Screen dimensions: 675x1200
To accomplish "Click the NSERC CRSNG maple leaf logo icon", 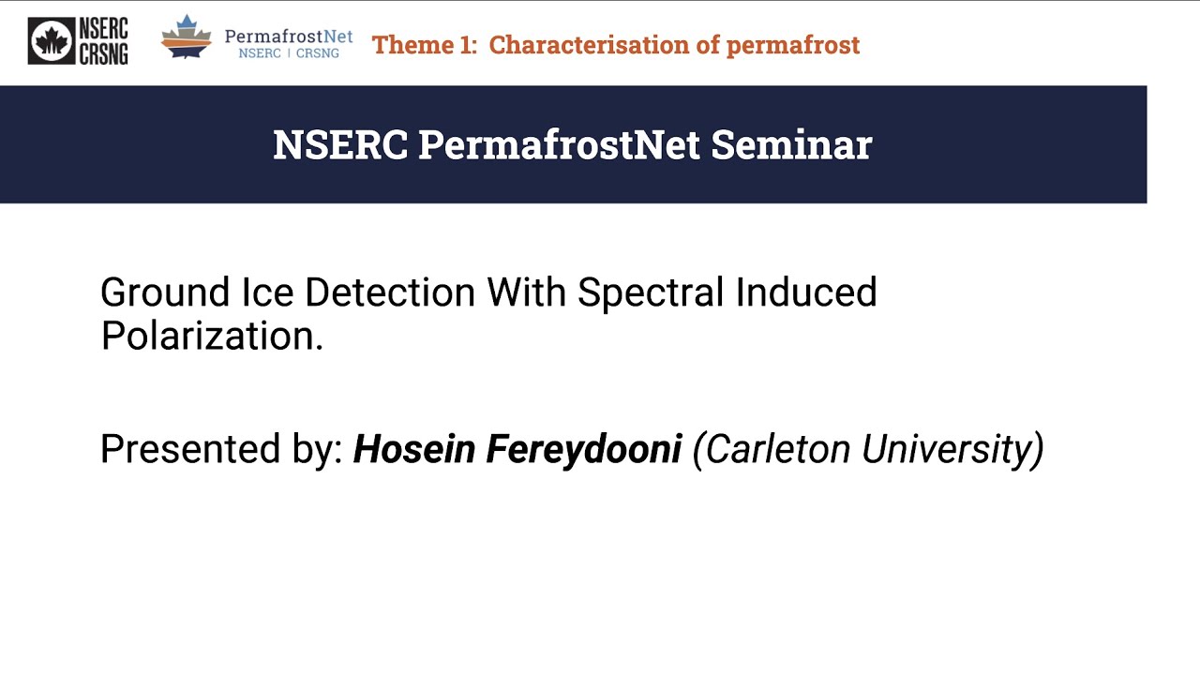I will click(51, 41).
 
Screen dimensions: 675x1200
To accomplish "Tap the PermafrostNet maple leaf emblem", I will click(187, 37).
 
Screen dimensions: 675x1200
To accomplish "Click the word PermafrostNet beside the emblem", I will click(288, 37).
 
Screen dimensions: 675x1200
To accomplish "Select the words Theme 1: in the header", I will click(425, 45).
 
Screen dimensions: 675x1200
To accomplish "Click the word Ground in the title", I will click(164, 292).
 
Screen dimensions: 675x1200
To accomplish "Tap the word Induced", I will click(806, 292).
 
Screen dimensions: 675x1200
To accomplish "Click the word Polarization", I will click(211, 336).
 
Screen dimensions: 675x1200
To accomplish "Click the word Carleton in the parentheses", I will click(774, 449).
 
